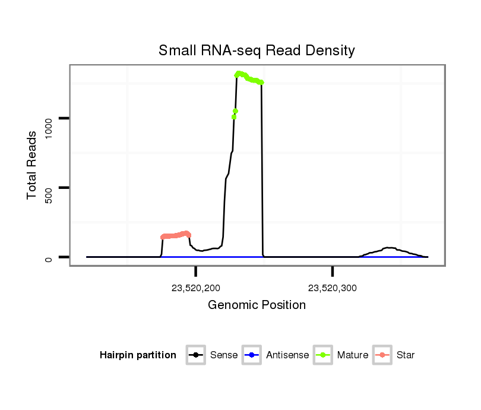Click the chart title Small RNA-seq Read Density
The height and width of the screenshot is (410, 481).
point(257,51)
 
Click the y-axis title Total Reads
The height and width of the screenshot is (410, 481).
point(33,165)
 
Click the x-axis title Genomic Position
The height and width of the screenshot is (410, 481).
point(257,305)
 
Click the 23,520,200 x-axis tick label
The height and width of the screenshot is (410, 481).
point(196,289)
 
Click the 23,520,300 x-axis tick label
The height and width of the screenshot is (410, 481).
point(333,289)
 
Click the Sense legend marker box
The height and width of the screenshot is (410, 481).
point(196,355)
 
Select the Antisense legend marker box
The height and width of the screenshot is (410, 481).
point(252,355)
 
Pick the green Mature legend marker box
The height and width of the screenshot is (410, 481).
point(323,355)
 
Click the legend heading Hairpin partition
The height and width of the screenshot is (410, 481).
point(138,355)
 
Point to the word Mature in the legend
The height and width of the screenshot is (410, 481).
point(353,355)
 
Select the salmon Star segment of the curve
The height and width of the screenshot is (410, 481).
point(175,235)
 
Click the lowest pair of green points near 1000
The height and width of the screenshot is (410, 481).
point(235,114)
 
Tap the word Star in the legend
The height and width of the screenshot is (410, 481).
point(406,355)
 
